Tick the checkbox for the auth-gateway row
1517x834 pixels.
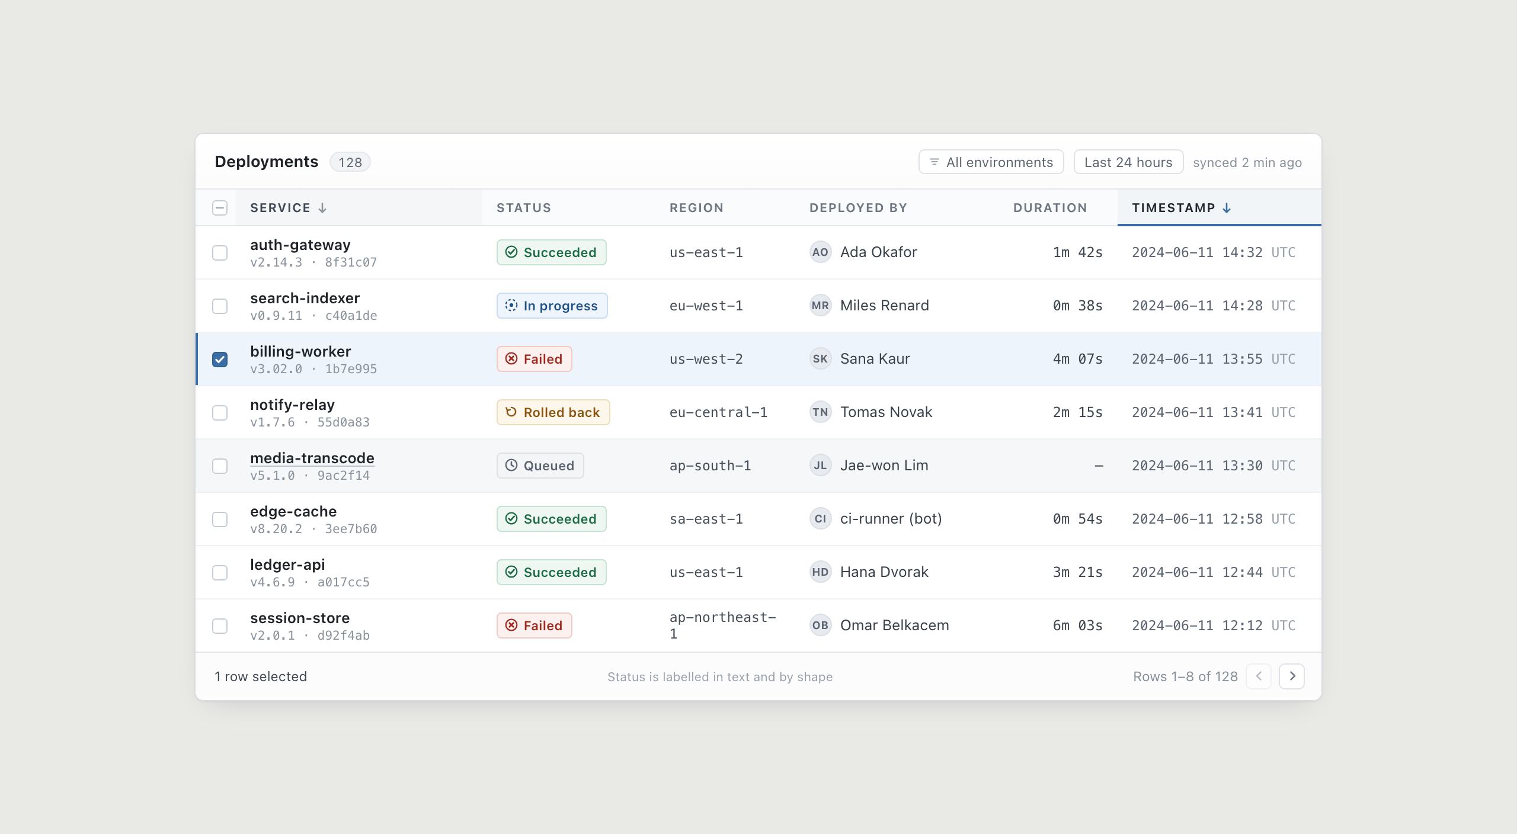[220, 253]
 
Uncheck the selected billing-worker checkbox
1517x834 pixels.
[220, 360]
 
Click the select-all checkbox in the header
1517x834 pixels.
[220, 208]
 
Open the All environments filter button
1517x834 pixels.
[991, 162]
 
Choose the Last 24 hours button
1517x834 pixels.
[1128, 162]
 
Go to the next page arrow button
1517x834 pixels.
[1292, 676]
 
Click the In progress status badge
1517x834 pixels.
[552, 306]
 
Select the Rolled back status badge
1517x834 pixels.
[553, 412]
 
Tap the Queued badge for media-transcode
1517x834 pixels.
[540, 466]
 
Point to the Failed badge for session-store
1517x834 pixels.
[534, 625]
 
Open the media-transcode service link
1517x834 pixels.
[312, 458]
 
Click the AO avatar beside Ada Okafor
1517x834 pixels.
[820, 252]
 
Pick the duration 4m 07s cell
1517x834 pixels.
[1077, 359]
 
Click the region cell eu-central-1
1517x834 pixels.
[718, 412]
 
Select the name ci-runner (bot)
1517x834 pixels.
[891, 519]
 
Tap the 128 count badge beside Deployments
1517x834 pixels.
[350, 162]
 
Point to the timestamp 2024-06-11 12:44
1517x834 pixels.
[1197, 572]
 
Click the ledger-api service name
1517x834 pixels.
[287, 565]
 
